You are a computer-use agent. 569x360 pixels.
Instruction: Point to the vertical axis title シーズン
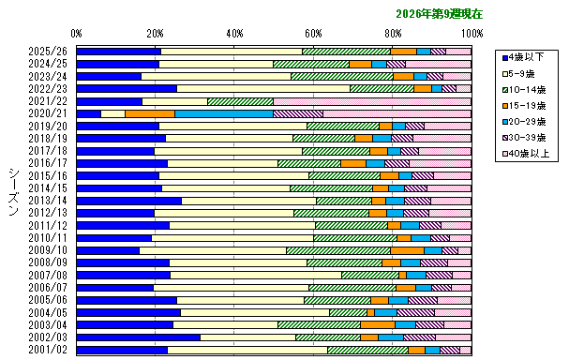[13, 192]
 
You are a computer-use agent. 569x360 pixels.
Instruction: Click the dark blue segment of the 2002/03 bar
[138, 337]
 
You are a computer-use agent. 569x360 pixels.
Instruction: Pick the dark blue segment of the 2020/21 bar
[88, 113]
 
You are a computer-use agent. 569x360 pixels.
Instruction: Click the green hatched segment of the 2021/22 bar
[240, 101]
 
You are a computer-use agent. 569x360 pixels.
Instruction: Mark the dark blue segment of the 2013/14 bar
[128, 201]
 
